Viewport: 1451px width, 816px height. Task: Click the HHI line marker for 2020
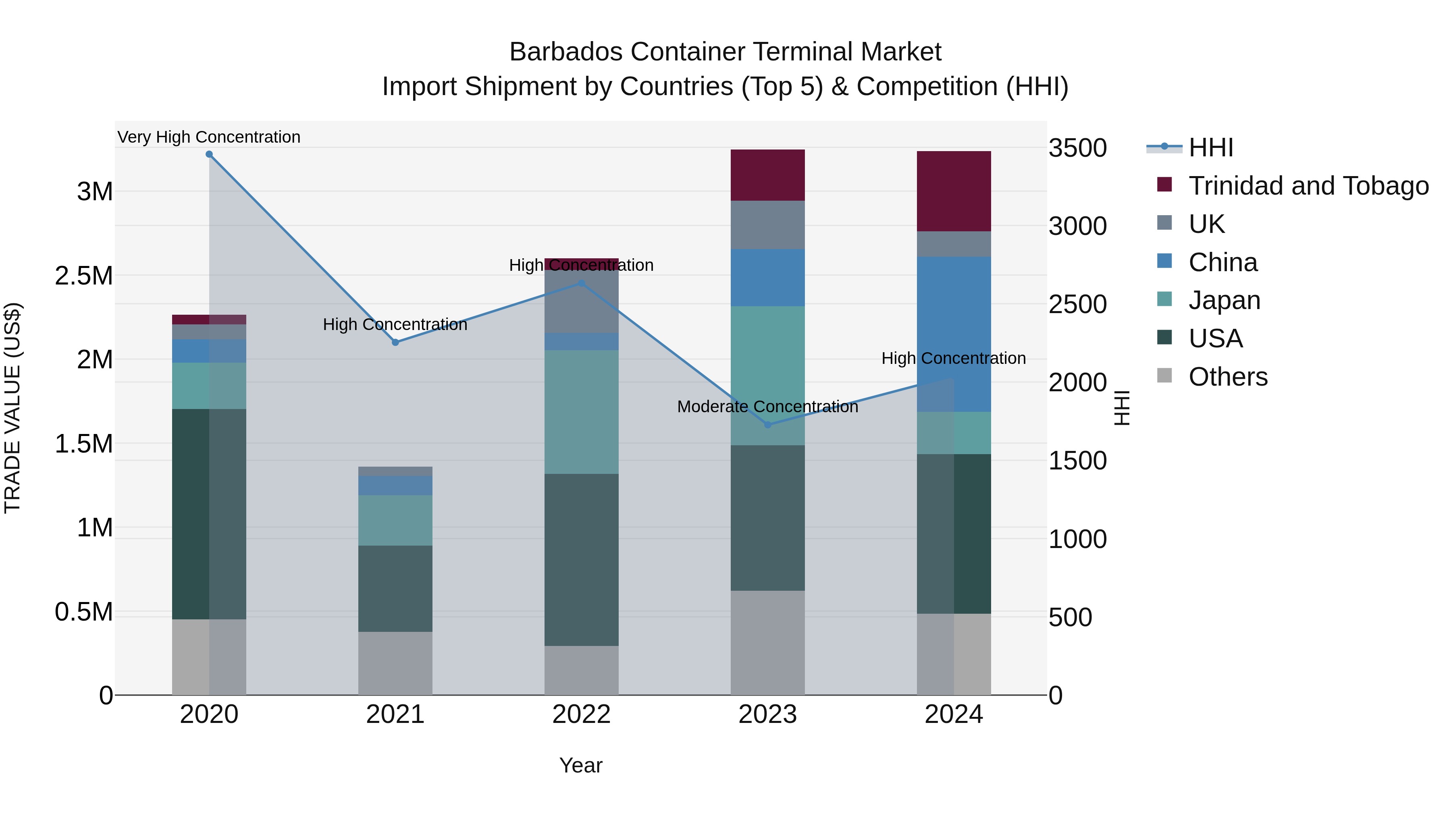(x=209, y=154)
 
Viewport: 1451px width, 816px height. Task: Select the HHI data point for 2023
(x=768, y=425)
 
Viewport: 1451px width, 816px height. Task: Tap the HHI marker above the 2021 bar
(x=395, y=343)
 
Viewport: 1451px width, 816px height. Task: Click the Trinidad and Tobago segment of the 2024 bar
(x=954, y=191)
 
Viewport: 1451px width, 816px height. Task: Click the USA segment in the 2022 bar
(x=581, y=559)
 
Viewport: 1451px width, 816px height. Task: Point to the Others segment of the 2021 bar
(x=395, y=663)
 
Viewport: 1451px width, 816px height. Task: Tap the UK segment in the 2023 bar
(x=768, y=225)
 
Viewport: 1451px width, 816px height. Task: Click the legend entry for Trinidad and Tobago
(x=1308, y=186)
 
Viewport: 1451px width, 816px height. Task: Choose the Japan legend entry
(x=1224, y=300)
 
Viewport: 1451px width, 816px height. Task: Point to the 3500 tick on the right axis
(x=1077, y=148)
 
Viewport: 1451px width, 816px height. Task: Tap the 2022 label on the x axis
(x=581, y=714)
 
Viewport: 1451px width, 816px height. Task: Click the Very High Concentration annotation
(x=209, y=137)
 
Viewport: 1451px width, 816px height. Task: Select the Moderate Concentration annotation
(x=768, y=406)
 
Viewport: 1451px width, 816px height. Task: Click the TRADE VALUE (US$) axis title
(x=12, y=408)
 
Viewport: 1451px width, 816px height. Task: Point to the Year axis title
(x=581, y=765)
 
